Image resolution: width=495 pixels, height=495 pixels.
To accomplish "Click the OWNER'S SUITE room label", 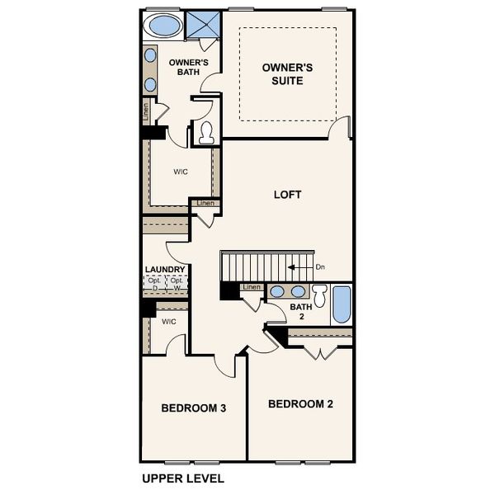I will [287, 73].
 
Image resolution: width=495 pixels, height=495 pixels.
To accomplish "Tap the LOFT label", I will [287, 196].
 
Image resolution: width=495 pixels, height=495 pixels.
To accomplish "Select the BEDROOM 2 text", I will [300, 403].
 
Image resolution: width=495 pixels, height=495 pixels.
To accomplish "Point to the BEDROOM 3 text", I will [194, 408].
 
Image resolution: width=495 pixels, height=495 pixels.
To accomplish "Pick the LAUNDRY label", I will [165, 269].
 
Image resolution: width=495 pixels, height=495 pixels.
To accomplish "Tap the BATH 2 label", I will [300, 312].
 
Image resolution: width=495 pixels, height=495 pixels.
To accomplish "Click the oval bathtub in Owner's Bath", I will [163, 25].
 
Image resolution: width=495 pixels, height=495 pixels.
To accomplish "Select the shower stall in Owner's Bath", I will [202, 25].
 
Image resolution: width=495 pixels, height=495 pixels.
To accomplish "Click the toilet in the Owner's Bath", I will [205, 132].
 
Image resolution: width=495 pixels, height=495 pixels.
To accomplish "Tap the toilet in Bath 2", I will [320, 296].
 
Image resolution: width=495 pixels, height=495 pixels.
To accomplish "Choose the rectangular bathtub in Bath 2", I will [342, 304].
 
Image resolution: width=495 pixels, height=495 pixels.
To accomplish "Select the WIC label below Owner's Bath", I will [181, 172].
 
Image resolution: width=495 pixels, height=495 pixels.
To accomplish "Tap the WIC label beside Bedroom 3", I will [169, 322].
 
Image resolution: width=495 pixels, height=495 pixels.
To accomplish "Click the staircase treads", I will [256, 266].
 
